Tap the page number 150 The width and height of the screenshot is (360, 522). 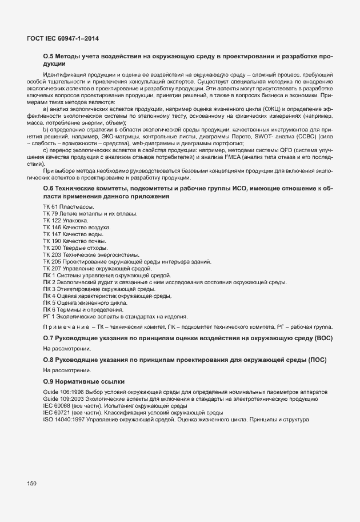click(x=32, y=484)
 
